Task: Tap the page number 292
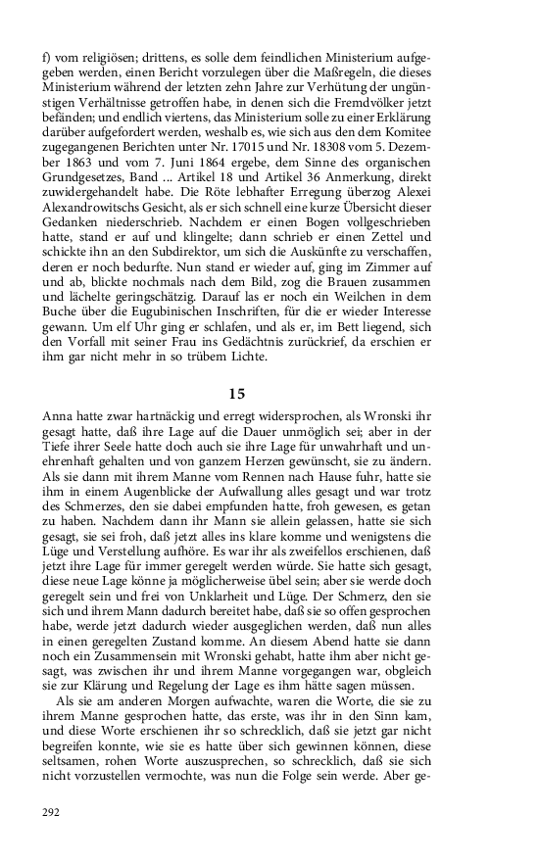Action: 53,811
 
